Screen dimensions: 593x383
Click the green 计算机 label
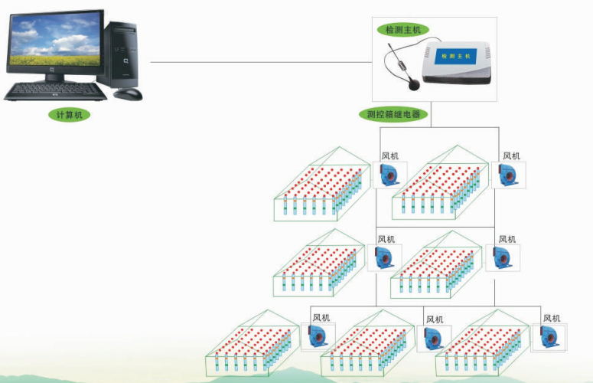69,115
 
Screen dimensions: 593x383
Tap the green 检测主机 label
403,30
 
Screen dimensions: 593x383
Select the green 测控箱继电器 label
394,114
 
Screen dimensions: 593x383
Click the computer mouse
129,94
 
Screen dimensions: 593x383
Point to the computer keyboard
55,92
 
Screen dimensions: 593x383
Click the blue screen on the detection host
455,56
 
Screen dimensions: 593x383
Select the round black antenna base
414,84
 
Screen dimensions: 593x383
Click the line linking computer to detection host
262,62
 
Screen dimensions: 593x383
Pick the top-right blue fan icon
507,175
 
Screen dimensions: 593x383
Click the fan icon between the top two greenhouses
389,175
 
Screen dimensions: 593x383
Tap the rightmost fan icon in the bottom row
549,337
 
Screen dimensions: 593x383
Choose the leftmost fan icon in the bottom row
318,336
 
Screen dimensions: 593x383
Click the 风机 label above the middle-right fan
507,239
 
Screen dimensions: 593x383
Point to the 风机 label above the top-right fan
512,156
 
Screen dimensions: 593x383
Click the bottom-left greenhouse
253,344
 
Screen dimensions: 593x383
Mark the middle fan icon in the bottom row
433,338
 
